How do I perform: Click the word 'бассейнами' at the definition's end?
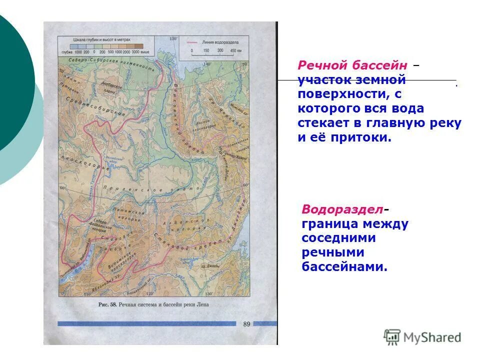click(344, 267)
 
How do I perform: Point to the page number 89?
click(246, 324)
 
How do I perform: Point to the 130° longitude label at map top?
click(173, 39)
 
